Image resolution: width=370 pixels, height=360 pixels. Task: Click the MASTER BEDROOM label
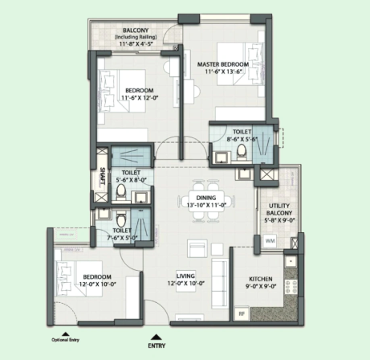point(223,64)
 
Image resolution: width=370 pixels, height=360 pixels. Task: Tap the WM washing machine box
point(270,240)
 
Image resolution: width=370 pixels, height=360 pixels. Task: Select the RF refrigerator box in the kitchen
point(242,313)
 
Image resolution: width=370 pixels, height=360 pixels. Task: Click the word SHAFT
point(102,176)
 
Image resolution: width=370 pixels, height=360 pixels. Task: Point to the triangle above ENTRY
point(157,337)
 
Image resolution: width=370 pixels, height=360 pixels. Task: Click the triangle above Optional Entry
point(65,334)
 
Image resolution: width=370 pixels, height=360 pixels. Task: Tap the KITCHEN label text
point(261,279)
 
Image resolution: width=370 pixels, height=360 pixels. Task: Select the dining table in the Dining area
point(206,201)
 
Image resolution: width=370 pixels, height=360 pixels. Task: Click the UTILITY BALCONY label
point(279,210)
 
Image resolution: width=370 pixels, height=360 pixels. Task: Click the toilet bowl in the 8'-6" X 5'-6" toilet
point(242,152)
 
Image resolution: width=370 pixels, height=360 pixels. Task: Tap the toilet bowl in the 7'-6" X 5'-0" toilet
point(121,219)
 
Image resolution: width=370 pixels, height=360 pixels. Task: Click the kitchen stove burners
point(291,287)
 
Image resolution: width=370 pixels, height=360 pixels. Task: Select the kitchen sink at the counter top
point(291,261)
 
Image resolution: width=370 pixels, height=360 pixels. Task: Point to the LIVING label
point(185,276)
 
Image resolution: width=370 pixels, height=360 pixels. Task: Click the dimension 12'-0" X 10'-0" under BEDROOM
point(98,284)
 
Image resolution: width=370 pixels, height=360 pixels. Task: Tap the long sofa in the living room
point(220,283)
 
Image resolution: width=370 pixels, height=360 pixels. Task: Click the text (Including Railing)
point(136,37)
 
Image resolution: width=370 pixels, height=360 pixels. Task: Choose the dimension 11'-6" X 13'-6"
point(223,72)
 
